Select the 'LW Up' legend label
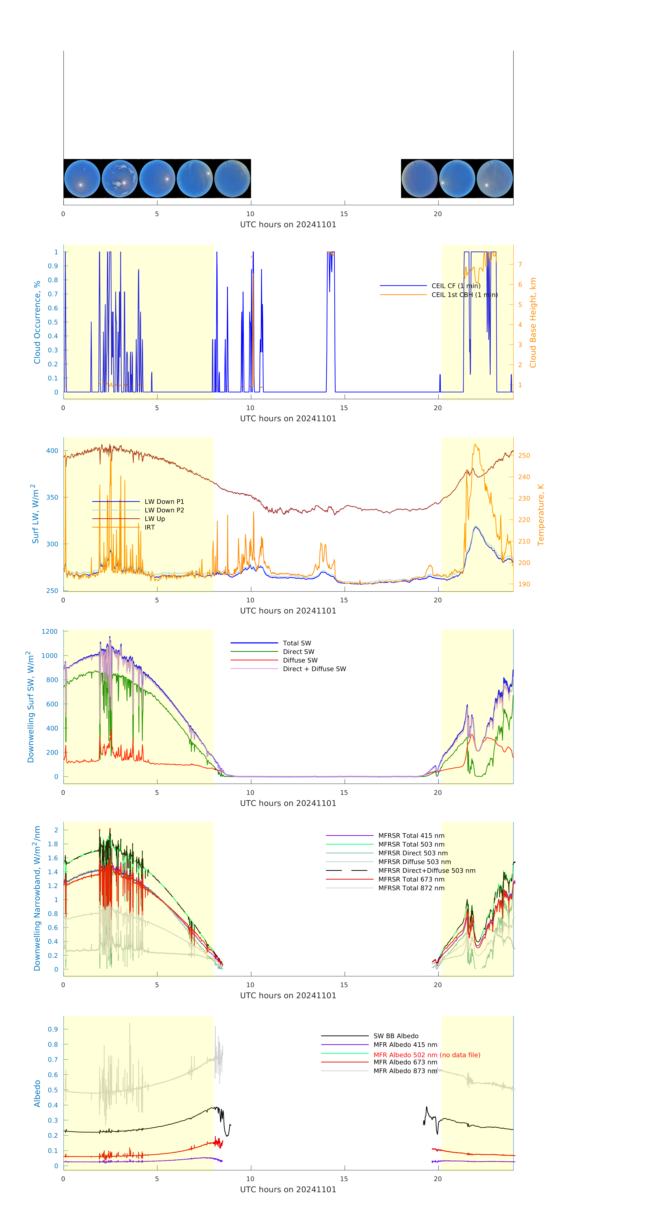click(154, 519)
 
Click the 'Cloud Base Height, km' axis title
click(533, 323)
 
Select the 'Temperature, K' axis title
click(540, 515)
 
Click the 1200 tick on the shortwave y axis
click(50, 631)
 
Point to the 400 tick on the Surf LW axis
click(52, 451)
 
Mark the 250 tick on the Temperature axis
click(524, 455)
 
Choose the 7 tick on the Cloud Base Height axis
click(520, 264)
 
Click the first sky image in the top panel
click(82, 179)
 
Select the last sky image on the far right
click(494, 179)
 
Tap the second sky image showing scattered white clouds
click(119, 179)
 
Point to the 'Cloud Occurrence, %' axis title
click(37, 322)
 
